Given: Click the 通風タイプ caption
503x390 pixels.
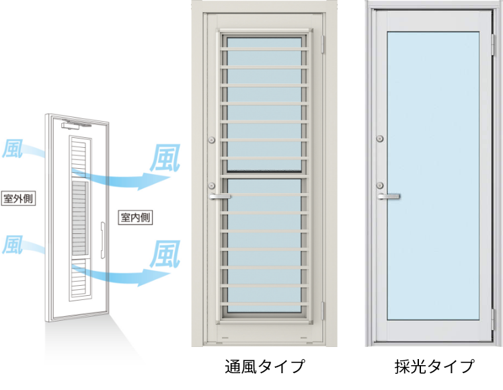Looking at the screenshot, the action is [x=265, y=366].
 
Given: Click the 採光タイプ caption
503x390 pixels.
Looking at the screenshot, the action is [x=434, y=366].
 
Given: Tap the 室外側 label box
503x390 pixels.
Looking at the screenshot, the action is [x=18, y=198].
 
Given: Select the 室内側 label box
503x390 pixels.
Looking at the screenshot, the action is [x=135, y=217].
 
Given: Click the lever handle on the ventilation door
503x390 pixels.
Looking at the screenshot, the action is [x=220, y=196].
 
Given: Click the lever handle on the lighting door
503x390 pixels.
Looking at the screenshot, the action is [x=389, y=196].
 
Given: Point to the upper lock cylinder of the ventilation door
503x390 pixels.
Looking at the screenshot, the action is [x=212, y=140].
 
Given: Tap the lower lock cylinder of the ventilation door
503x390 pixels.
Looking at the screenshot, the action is [x=212, y=186].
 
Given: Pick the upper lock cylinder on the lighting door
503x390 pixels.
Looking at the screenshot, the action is [x=380, y=139].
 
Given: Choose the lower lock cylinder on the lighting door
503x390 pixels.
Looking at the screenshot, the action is [x=380, y=185].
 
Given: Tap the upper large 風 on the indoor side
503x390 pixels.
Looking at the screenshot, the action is [x=165, y=157].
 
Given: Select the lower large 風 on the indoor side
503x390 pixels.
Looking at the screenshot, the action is [x=165, y=254].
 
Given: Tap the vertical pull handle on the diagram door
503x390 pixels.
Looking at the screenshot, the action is [x=103, y=239].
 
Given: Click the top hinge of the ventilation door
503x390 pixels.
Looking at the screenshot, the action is [x=322, y=44].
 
